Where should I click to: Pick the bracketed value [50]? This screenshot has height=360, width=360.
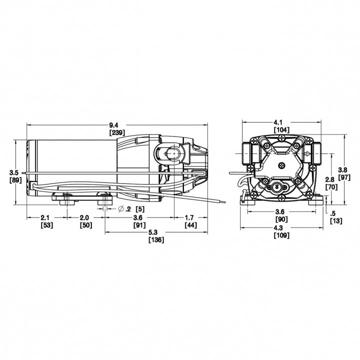(x=86, y=225)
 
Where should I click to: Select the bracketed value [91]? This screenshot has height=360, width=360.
(x=138, y=225)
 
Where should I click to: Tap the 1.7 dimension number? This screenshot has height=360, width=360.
(x=190, y=218)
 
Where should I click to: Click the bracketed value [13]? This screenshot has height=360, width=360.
(x=336, y=221)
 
